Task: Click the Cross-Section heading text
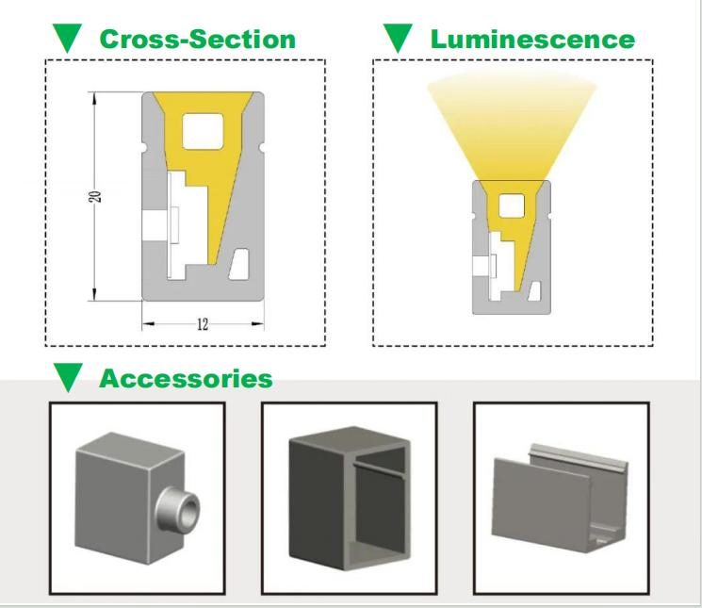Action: tap(198, 39)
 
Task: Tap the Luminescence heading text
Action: tap(532, 39)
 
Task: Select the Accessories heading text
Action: tap(186, 378)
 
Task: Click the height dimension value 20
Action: tap(95, 197)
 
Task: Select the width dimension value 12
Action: tap(203, 324)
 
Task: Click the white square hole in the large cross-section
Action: tap(203, 131)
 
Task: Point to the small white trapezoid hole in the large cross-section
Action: tap(239, 264)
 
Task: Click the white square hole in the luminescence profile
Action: tap(512, 205)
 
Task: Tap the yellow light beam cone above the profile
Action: tap(512, 125)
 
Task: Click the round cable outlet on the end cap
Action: tap(177, 509)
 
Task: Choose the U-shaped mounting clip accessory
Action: tap(560, 498)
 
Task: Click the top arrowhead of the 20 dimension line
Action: tap(94, 98)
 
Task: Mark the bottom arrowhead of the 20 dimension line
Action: tap(94, 295)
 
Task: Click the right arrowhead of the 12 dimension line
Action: tap(258, 323)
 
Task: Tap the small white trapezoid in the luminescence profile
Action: tap(535, 291)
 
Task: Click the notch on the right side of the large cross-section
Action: tap(262, 147)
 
